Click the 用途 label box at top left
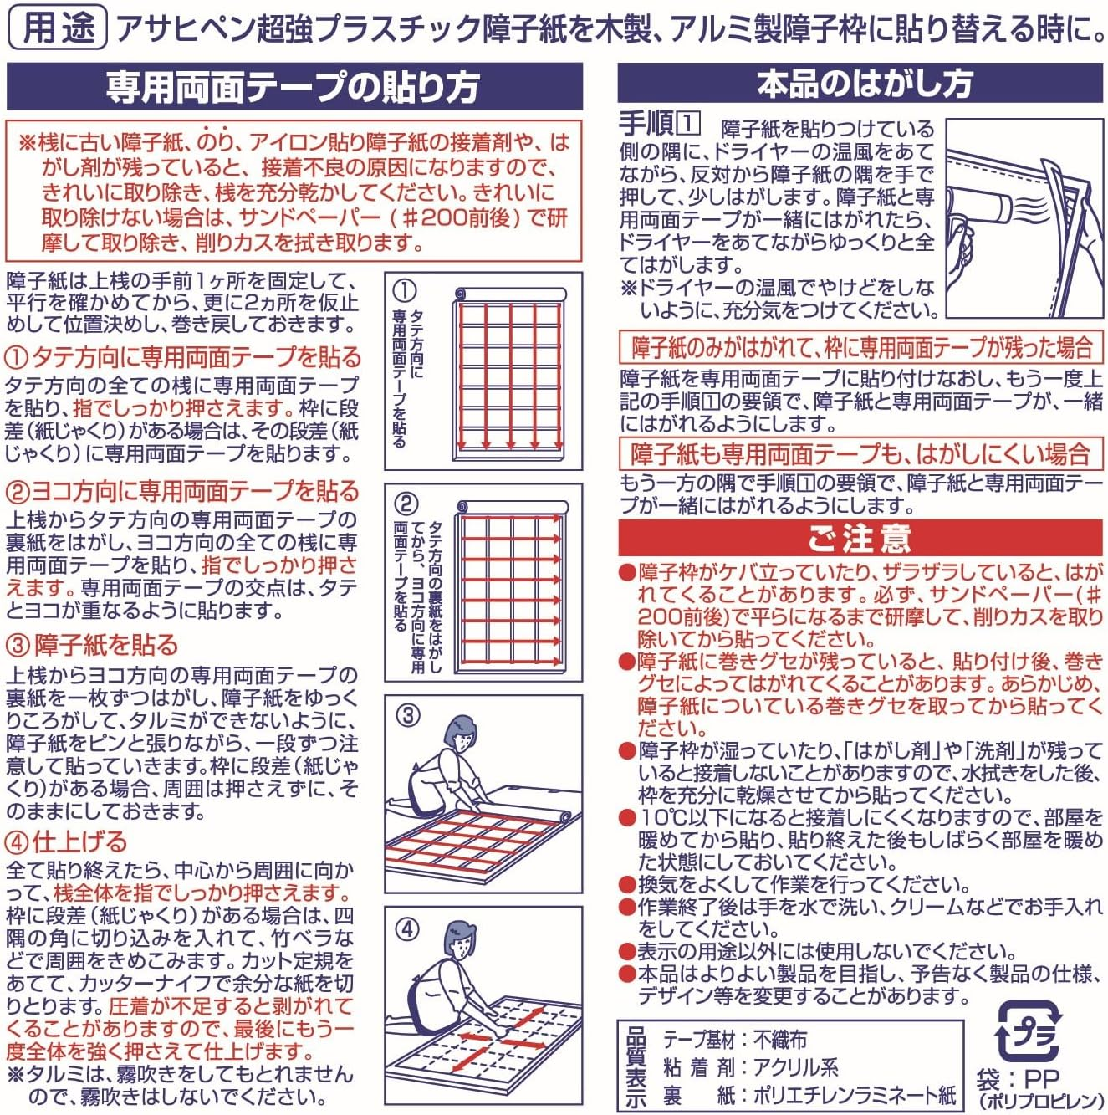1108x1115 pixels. coord(57,28)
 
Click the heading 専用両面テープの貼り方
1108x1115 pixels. coord(294,86)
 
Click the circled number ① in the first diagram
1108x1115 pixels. coord(404,291)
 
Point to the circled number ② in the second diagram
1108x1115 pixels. coord(405,504)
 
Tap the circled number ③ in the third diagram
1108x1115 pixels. coord(407,716)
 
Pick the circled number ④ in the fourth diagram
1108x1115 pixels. coord(407,928)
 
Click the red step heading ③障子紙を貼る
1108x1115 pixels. coord(93,645)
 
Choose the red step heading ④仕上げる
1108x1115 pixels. coord(67,841)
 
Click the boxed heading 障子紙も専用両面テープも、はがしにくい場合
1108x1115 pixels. coord(860,454)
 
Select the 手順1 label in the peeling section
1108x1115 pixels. coord(658,125)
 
